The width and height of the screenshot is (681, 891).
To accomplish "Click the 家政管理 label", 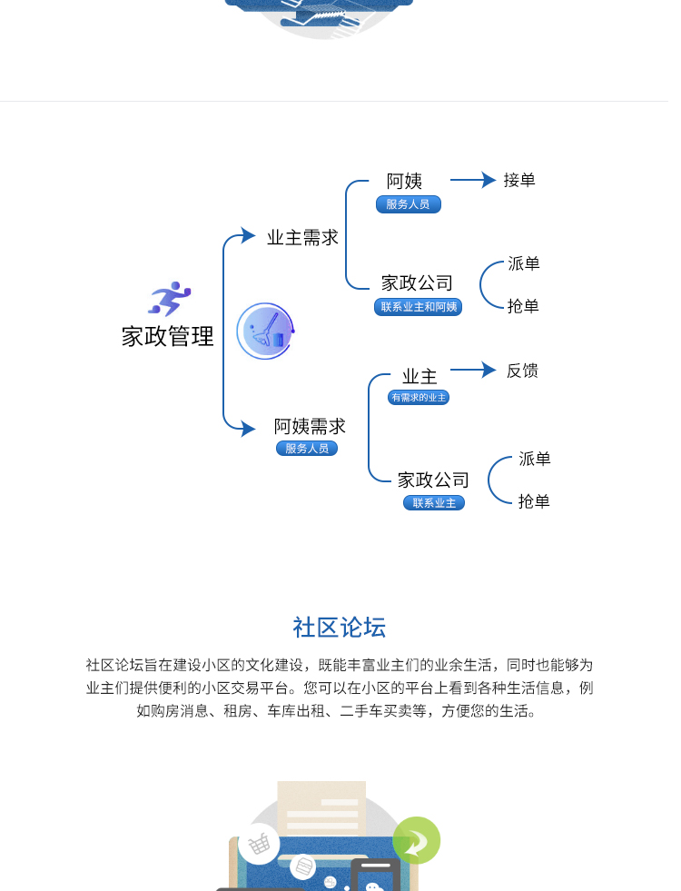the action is click(168, 336).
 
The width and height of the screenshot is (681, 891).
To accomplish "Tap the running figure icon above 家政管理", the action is click(169, 298).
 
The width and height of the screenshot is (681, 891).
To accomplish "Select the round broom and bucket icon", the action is click(265, 331).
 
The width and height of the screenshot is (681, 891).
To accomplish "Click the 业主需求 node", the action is click(302, 238).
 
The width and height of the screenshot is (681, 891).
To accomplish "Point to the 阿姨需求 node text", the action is click(310, 426).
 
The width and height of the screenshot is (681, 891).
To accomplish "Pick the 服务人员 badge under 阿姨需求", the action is click(307, 449).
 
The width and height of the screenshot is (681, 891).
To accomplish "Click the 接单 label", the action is click(519, 180).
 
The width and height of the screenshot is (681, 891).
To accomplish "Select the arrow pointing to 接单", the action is click(473, 180).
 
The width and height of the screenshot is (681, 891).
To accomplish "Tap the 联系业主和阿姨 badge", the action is click(418, 307).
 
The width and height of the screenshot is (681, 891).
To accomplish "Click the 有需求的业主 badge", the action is click(419, 397).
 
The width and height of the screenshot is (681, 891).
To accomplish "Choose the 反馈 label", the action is click(522, 371).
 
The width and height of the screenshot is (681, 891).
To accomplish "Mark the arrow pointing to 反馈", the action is click(473, 370).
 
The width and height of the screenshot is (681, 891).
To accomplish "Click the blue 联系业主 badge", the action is click(434, 503).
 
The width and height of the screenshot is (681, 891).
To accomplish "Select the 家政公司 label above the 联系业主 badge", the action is click(433, 480).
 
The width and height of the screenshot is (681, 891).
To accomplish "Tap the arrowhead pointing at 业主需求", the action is click(248, 235).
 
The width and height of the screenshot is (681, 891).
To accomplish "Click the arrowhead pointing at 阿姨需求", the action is click(248, 429).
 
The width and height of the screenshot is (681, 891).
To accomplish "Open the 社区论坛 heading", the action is click(340, 628).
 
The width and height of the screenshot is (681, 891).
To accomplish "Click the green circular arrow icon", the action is click(417, 840).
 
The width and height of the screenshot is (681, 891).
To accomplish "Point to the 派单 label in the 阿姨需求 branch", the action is click(535, 459).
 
